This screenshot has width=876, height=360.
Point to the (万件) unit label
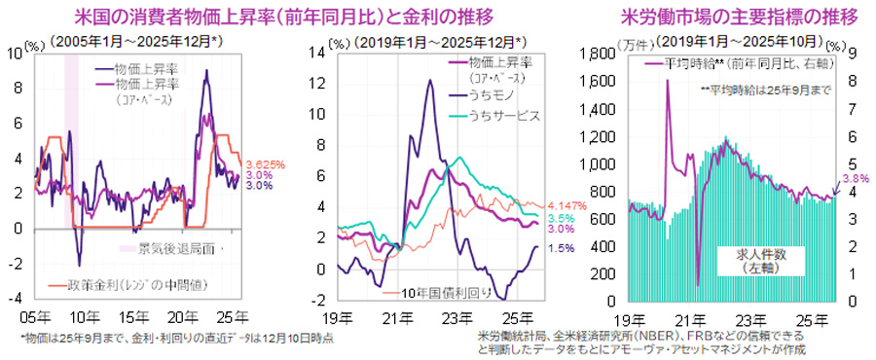coord(631,42)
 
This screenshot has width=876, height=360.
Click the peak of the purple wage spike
coord(667,81)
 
